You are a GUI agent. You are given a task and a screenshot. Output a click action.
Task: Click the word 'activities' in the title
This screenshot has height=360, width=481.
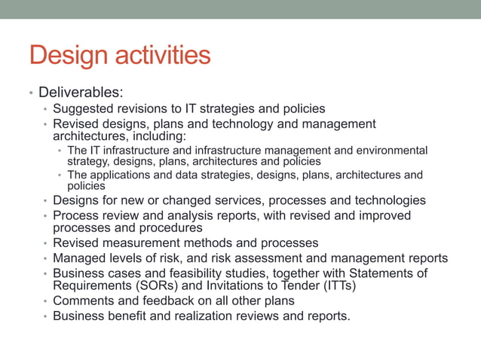[x=158, y=55]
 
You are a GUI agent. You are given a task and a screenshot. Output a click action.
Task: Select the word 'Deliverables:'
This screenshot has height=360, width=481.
[x=80, y=93]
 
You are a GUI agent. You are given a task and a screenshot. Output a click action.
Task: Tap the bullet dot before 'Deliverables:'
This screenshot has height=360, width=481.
[x=31, y=93]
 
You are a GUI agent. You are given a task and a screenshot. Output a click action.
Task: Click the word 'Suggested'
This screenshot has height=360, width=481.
[x=83, y=109]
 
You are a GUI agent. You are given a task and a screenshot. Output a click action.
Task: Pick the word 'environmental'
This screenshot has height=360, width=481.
[x=393, y=150]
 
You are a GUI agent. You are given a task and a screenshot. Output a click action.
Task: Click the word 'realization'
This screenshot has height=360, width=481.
[x=203, y=316]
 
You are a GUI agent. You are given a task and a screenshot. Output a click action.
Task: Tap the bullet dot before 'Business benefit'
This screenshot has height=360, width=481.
[x=45, y=316]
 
